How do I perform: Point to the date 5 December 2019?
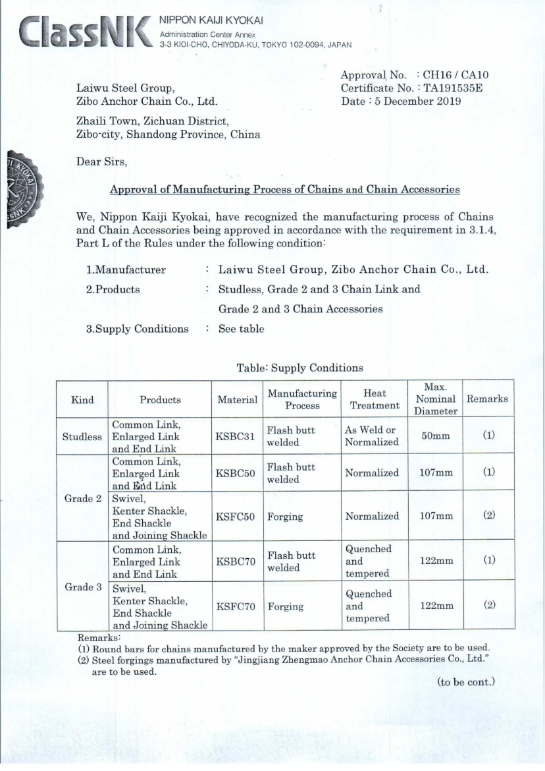pos(426,101)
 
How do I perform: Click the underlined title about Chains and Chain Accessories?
pos(284,190)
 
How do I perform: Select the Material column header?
pos(237,399)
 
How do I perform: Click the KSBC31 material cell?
pos(237,436)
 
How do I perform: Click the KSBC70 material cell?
pos(237,561)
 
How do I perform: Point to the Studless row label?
pos(82,436)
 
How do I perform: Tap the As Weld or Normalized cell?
pos(371,436)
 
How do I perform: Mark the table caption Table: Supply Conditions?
pos(299,368)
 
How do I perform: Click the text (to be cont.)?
pos(465,682)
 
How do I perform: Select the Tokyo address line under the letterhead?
pos(256,45)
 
